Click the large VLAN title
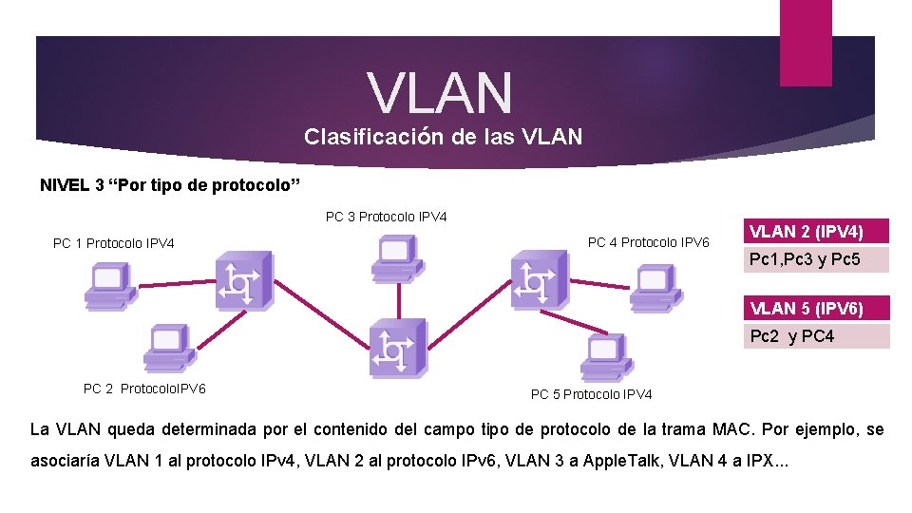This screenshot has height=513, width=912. tap(440, 92)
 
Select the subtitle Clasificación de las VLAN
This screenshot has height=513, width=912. tap(443, 137)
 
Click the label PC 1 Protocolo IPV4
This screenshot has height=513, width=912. tap(114, 243)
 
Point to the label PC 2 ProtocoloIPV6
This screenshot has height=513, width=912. tap(145, 388)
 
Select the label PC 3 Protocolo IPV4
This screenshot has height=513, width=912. tap(386, 217)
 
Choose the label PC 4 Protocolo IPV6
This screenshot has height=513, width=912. tap(648, 242)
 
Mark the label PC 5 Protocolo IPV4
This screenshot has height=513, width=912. tap(591, 394)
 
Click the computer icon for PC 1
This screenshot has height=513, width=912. tap(109, 288)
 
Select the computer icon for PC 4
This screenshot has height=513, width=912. tap(653, 288)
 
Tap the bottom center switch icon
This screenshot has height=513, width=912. tap(397, 349)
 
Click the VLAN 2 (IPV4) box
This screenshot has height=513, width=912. tap(816, 231)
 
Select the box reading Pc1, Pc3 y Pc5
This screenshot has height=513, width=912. tap(816, 259)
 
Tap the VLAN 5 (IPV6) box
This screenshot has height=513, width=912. tap(816, 308)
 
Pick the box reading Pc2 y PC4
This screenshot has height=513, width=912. tap(816, 336)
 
